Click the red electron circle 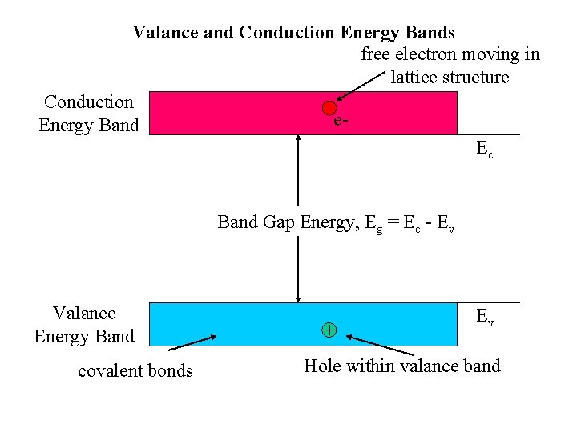tap(329, 108)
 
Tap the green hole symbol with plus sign tap(329, 329)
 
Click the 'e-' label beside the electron tap(341, 121)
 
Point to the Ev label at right tap(485, 317)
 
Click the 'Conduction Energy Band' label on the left tap(89, 114)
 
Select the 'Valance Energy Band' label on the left tap(84, 325)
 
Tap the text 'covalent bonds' tap(135, 370)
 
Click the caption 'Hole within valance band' tap(401, 366)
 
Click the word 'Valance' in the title tap(163, 33)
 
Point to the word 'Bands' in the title tap(430, 33)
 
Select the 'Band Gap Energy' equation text tap(336, 222)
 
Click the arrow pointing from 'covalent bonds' tap(192, 342)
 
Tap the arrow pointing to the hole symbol tap(380, 346)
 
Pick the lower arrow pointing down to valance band tap(298, 268)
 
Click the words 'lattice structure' tap(450, 78)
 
